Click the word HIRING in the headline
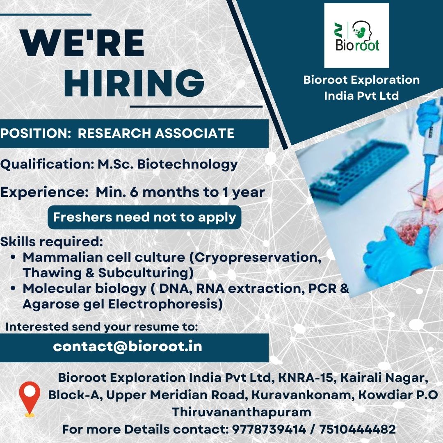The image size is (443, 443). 134,83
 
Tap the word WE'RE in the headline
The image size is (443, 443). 82,43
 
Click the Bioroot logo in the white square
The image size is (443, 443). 356,36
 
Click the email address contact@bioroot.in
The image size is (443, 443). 128,346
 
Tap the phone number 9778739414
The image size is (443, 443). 269,429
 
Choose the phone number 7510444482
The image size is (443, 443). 357,429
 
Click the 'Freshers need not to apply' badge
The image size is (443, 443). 144,217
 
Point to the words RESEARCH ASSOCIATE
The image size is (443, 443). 156,133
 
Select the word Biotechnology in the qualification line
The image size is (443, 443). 187,164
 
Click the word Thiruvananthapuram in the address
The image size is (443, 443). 242,412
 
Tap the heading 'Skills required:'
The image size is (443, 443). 52,242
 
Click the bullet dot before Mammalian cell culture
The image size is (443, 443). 13,258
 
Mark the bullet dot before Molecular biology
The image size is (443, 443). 13,289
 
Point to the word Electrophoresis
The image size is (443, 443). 165,304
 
